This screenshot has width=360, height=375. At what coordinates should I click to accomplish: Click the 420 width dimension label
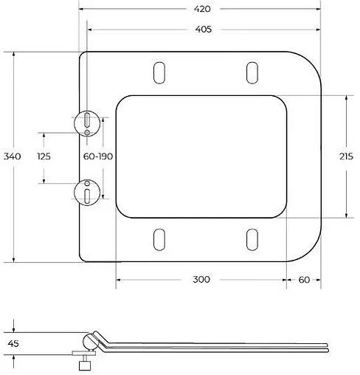pyautogui.click(x=203, y=9)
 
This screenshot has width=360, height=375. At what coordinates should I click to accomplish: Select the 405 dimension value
pyautogui.click(x=203, y=30)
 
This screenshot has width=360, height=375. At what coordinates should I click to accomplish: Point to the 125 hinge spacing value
pyautogui.click(x=44, y=156)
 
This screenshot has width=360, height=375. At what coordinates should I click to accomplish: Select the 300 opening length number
pyautogui.click(x=201, y=279)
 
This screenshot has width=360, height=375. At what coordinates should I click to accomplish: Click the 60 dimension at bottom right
pyautogui.click(x=304, y=279)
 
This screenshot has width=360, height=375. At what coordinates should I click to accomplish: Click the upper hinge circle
pyautogui.click(x=87, y=121)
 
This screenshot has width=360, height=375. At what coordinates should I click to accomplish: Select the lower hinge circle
pyautogui.click(x=87, y=191)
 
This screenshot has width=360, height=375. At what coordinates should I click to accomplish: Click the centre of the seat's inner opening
pyautogui.click(x=201, y=156)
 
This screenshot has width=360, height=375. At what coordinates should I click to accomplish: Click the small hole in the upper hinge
pyautogui.click(x=87, y=131)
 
